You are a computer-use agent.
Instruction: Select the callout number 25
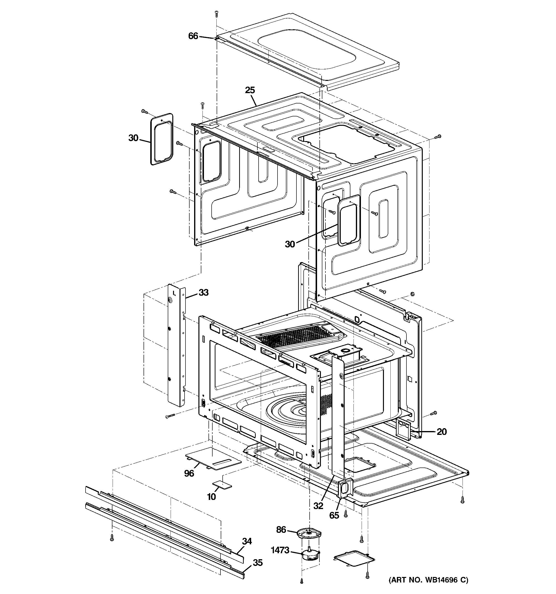[250, 90]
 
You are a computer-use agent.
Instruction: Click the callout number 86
[281, 530]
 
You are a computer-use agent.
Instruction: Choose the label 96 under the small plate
[189, 473]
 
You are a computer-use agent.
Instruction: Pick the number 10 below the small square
[211, 497]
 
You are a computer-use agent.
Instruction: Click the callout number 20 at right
[442, 432]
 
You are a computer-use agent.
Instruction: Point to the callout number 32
[319, 505]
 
